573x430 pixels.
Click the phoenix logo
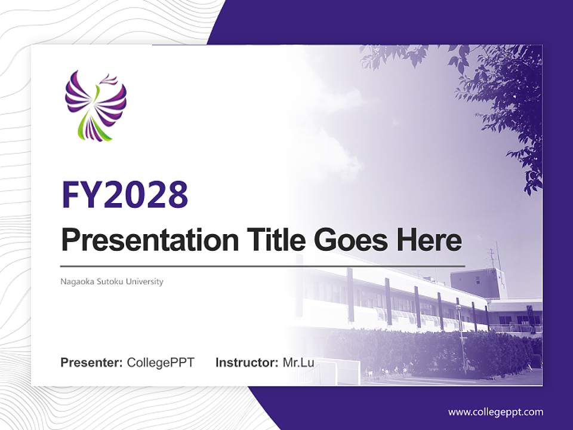(x=95, y=105)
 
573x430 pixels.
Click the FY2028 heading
(x=125, y=195)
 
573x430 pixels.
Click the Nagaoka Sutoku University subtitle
(x=112, y=281)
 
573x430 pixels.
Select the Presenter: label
(x=92, y=363)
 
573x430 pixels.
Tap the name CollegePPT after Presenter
(x=161, y=363)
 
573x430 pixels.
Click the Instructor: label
(x=247, y=363)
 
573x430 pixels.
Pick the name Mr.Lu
(x=298, y=363)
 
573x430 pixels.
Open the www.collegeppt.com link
(x=495, y=412)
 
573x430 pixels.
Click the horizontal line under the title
(x=263, y=266)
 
